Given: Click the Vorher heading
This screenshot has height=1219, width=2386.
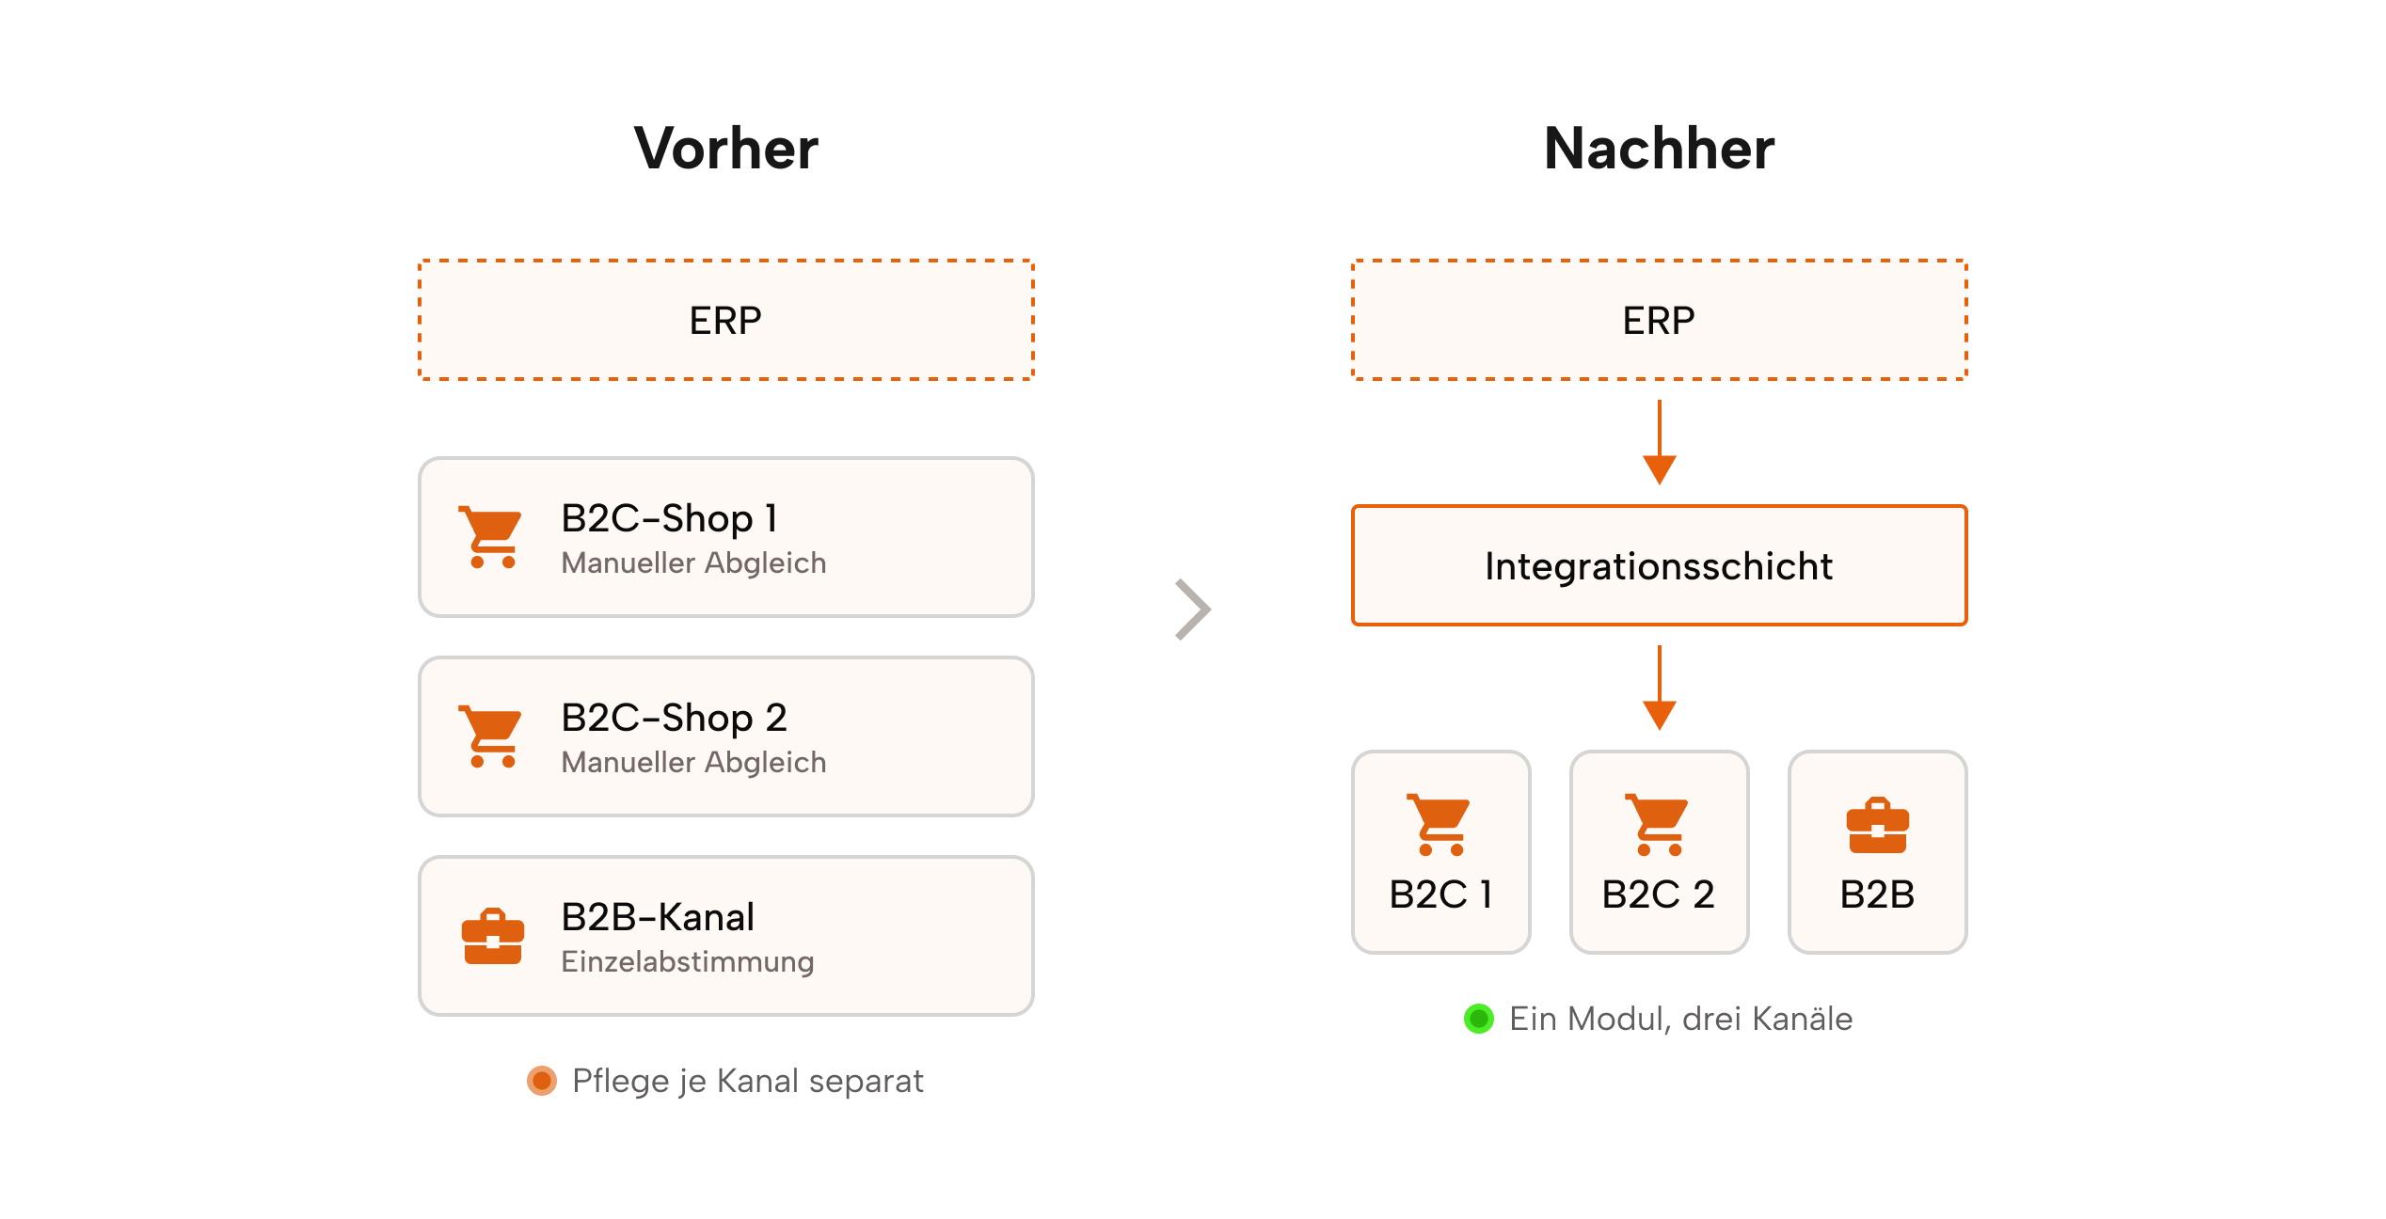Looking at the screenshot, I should click(x=726, y=149).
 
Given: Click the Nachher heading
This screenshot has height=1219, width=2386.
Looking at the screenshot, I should click(x=1659, y=149).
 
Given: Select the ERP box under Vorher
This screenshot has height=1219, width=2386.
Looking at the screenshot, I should click(x=725, y=320).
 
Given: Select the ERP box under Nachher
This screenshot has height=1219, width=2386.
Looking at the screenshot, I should click(x=1659, y=320).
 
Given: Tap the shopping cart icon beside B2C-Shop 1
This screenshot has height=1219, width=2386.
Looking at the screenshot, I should click(x=490, y=537).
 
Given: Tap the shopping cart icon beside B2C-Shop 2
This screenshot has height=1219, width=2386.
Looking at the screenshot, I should click(x=490, y=736).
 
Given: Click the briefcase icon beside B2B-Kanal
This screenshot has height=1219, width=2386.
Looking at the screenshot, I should click(x=492, y=936).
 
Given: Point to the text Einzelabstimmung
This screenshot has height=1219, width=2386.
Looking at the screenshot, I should click(x=687, y=961).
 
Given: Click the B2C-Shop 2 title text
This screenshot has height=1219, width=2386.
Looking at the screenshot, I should click(x=674, y=718).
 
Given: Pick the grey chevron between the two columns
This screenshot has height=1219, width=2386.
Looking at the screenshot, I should click(x=1193, y=609).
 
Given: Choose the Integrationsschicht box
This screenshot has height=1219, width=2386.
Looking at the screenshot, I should click(x=1659, y=565).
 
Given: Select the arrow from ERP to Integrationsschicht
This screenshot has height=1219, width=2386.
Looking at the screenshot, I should click(x=1659, y=442).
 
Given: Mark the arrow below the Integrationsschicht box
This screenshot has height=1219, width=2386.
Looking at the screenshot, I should click(x=1659, y=688).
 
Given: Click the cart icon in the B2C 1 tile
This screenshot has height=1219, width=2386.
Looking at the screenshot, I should click(x=1439, y=825).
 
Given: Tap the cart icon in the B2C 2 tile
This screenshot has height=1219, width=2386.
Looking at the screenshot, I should click(x=1657, y=825).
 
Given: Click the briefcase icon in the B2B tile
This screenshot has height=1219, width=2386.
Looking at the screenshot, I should click(x=1877, y=826).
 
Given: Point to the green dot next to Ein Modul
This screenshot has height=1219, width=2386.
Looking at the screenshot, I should click(x=1478, y=1019).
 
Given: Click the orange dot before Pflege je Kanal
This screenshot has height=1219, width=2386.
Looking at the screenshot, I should click(x=541, y=1081).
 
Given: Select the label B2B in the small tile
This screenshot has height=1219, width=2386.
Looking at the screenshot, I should click(x=1877, y=894).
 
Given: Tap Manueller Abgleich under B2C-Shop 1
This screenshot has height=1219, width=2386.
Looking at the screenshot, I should click(x=693, y=562).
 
